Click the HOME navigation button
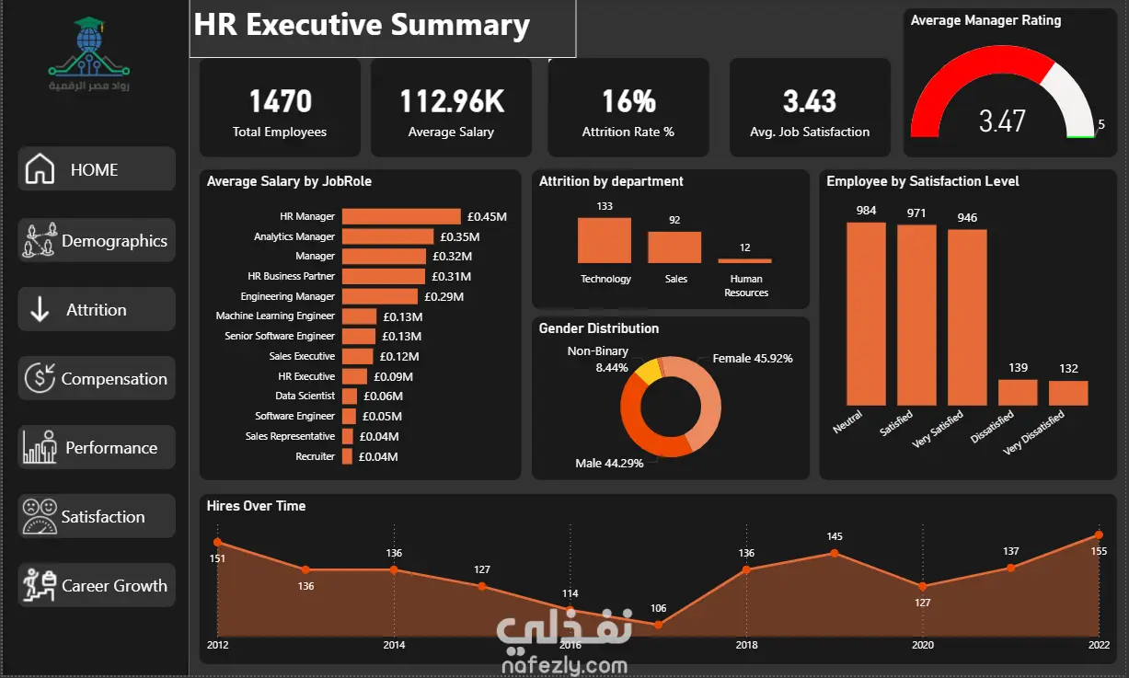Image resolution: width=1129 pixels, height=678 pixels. pos(97,169)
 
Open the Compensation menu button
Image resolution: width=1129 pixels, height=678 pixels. pos(97,378)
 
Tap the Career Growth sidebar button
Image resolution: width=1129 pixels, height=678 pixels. pos(97,585)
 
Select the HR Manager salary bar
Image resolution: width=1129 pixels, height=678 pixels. pos(401,216)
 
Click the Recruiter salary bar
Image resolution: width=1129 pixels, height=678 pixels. pos(347,456)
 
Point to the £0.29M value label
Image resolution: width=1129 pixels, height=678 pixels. pos(444,296)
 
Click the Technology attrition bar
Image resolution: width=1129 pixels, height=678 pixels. pos(605,240)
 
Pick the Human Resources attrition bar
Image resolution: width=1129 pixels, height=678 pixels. pos(745,260)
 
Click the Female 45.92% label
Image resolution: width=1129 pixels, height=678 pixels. pos(753,359)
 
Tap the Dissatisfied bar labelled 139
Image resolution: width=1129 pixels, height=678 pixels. pos(1018,392)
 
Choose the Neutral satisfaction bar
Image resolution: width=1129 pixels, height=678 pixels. pos(866,314)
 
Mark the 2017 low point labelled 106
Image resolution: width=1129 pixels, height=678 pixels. pos(658,625)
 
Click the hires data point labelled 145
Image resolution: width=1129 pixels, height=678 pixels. pos(835,553)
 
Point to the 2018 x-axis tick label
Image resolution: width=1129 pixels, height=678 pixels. pos(746,645)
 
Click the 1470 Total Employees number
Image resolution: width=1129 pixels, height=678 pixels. pos(281,101)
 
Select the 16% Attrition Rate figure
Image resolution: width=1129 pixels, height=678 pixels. pos(629,101)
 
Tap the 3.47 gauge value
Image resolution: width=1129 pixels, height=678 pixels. pos(1002,121)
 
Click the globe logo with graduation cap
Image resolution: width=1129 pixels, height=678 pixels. pos(89,48)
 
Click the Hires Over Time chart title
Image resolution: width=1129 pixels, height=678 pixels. pos(256,506)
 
